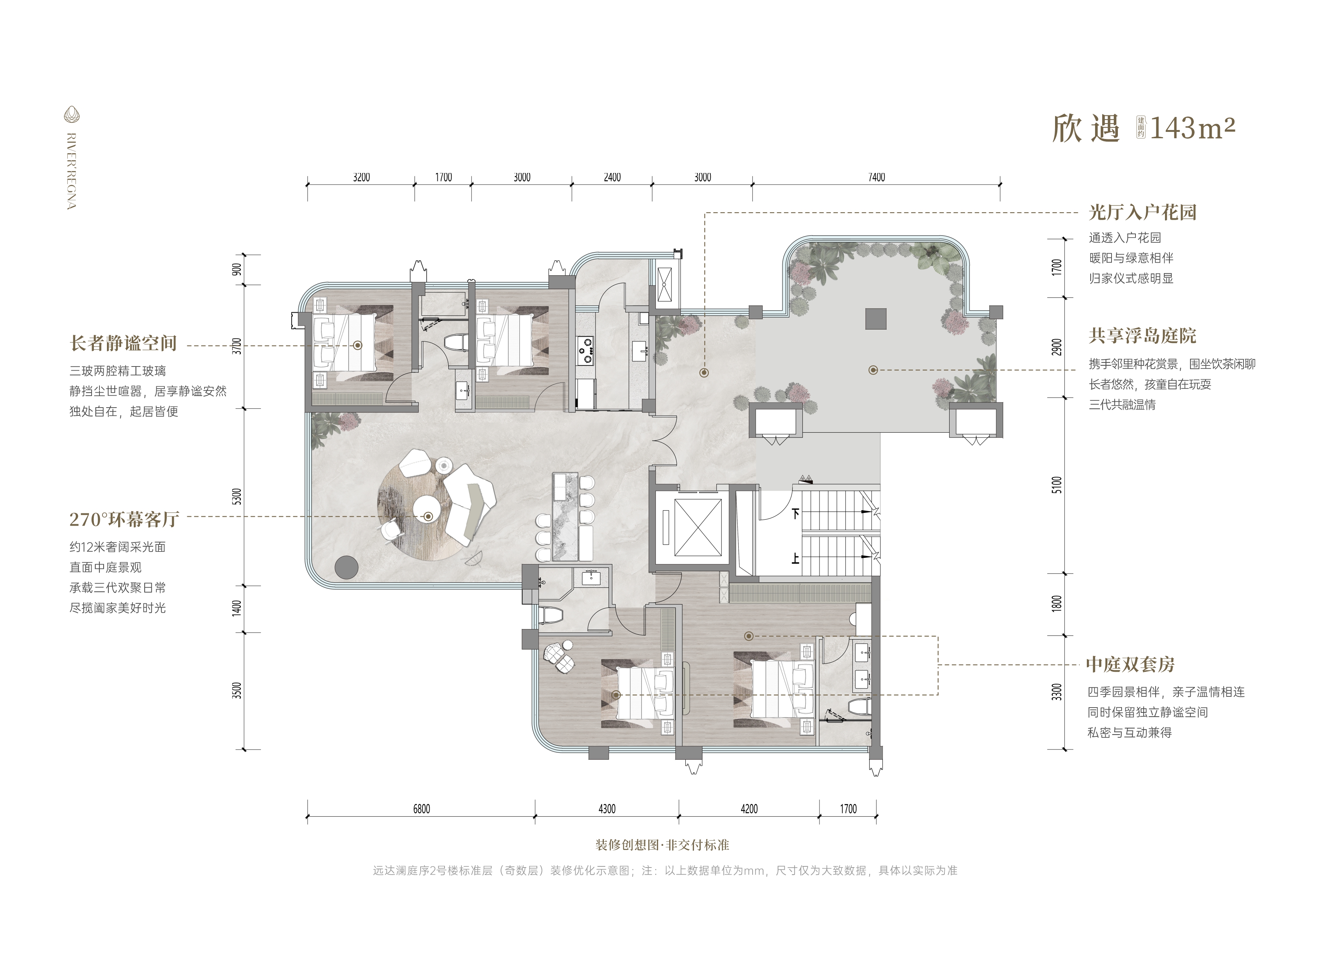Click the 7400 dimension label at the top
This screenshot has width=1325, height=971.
click(x=876, y=177)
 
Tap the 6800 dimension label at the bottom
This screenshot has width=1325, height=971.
click(x=421, y=809)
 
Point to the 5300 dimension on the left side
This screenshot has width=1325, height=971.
click(x=237, y=497)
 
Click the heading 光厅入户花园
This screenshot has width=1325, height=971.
click(x=1143, y=212)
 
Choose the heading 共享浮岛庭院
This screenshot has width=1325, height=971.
click(x=1142, y=336)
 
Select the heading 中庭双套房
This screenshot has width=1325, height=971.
click(x=1130, y=665)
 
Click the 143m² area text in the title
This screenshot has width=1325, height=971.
click(x=1192, y=128)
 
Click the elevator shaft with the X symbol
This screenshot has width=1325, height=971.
click(x=698, y=527)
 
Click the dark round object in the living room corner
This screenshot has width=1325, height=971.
click(x=347, y=567)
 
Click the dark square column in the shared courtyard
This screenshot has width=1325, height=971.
click(x=876, y=319)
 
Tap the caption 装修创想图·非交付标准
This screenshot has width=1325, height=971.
click(x=662, y=845)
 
